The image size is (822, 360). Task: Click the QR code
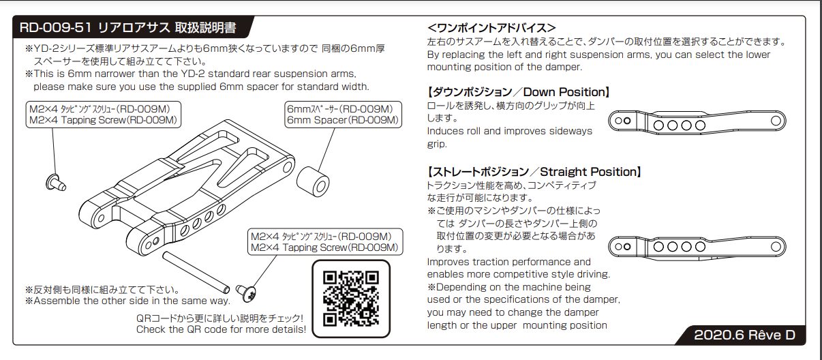point(351,299)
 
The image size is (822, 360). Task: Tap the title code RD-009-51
point(55,27)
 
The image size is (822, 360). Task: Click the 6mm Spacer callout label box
point(343,115)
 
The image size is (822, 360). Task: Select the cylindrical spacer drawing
point(313,181)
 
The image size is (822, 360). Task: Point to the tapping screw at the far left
point(55,182)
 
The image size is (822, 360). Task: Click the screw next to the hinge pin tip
point(246,293)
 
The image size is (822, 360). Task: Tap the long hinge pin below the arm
point(196,272)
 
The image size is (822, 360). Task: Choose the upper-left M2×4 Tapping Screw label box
point(104,115)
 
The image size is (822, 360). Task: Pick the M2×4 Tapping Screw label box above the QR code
point(325,242)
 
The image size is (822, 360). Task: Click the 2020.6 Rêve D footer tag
point(744,335)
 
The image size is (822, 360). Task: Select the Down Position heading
point(518,92)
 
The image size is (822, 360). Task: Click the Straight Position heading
point(534,171)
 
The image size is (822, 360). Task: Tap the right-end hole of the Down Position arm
point(776,121)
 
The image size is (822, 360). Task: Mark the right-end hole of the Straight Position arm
point(776,246)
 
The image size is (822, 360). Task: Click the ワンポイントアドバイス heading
point(491,28)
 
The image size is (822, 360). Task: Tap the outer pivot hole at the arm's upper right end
point(288,167)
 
